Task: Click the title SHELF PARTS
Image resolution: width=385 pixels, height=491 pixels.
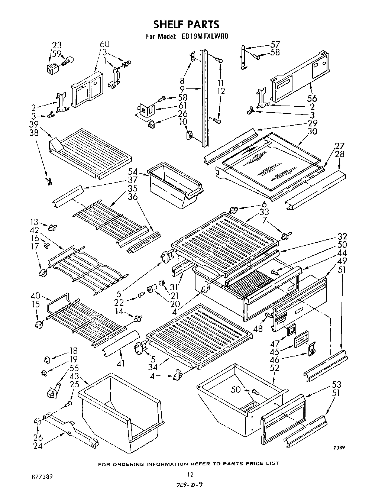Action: (187, 24)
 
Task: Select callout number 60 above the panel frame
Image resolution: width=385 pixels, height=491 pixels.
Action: (105, 45)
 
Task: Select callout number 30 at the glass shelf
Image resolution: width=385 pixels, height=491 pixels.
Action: (312, 131)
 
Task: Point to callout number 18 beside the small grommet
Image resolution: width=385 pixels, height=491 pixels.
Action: (73, 351)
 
